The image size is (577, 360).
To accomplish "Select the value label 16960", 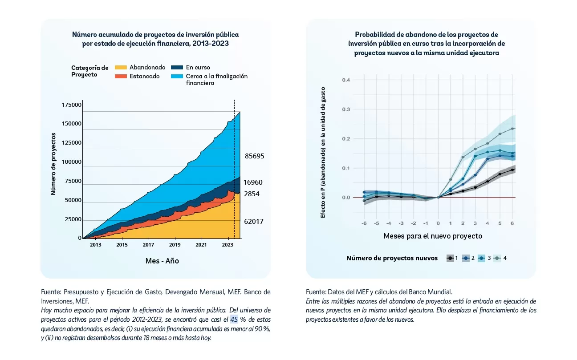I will click(x=253, y=182).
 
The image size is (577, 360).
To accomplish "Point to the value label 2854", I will click(x=251, y=194).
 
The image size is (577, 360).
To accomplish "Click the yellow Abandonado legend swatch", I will click(x=121, y=68).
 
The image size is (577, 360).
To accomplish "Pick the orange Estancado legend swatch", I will click(x=121, y=76).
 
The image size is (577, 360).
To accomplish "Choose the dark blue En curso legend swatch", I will click(x=177, y=68).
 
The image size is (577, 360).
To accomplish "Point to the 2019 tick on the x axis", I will click(x=175, y=245).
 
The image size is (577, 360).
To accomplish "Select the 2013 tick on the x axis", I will click(x=95, y=245).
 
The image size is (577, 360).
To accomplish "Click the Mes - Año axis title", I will click(x=162, y=261).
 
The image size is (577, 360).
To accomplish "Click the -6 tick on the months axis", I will click(x=364, y=223).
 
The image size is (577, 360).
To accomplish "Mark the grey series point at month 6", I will click(x=512, y=129).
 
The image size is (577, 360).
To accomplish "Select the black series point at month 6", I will click(x=512, y=170).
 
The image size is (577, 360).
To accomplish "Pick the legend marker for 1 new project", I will click(x=451, y=258).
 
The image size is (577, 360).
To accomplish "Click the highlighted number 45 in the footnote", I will click(x=234, y=320).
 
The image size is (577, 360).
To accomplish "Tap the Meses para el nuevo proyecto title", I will click(x=433, y=236).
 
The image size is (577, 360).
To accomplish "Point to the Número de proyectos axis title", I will click(x=53, y=164).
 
